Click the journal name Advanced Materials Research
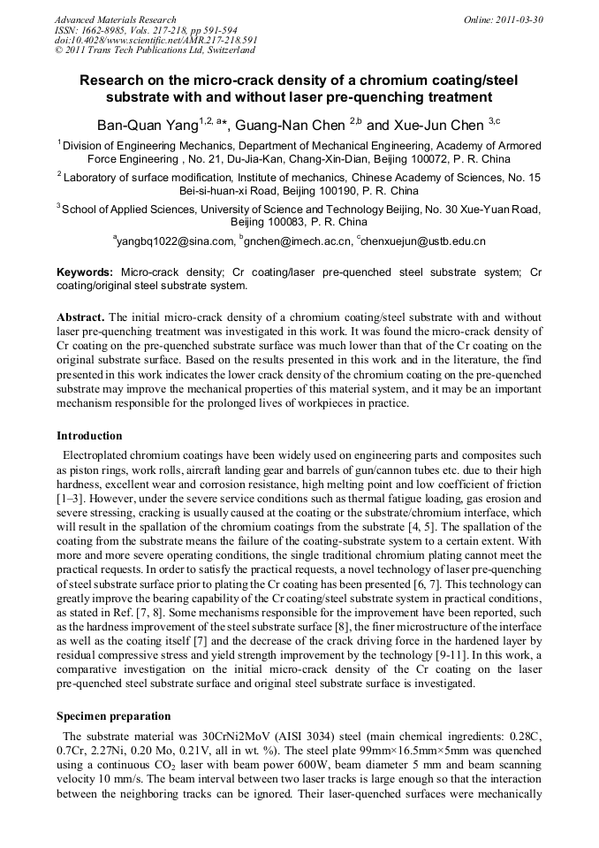tap(115, 19)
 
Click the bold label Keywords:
tap(85, 272)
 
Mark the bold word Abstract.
tap(80, 317)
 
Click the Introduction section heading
tap(89, 436)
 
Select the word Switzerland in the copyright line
tap(218, 50)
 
